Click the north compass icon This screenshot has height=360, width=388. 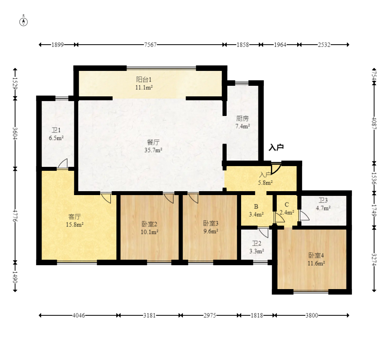23,22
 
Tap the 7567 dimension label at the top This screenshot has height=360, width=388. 150,45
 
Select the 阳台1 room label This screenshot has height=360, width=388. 144,80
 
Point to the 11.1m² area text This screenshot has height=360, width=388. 144,87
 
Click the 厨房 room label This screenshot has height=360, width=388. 242,119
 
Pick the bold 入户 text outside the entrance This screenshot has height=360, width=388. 276,148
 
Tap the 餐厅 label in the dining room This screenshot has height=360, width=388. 153,142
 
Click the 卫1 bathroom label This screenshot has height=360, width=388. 56,130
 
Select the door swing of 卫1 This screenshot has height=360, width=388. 63,164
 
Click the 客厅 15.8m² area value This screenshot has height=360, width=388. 74,225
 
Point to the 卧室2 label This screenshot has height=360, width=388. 149,224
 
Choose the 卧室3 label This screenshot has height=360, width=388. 211,223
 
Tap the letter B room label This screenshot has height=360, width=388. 256,206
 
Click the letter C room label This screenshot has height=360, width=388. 287,205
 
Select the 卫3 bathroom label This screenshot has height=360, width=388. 323,200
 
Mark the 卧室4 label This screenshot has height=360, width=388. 316,255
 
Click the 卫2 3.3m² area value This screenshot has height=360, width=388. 256,251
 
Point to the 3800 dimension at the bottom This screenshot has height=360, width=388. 312,315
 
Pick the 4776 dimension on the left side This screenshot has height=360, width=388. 15,216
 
